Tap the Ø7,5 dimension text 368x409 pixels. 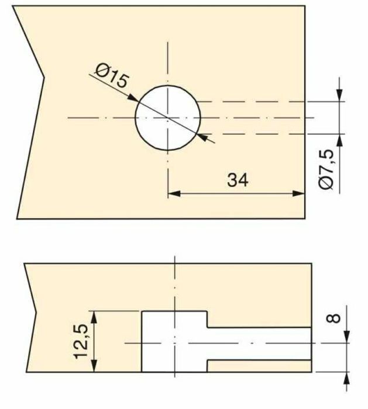tap(328, 169)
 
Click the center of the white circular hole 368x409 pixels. tap(168, 117)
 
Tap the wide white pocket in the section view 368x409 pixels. tap(174, 341)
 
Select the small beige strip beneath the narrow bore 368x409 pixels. tap(257, 366)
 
